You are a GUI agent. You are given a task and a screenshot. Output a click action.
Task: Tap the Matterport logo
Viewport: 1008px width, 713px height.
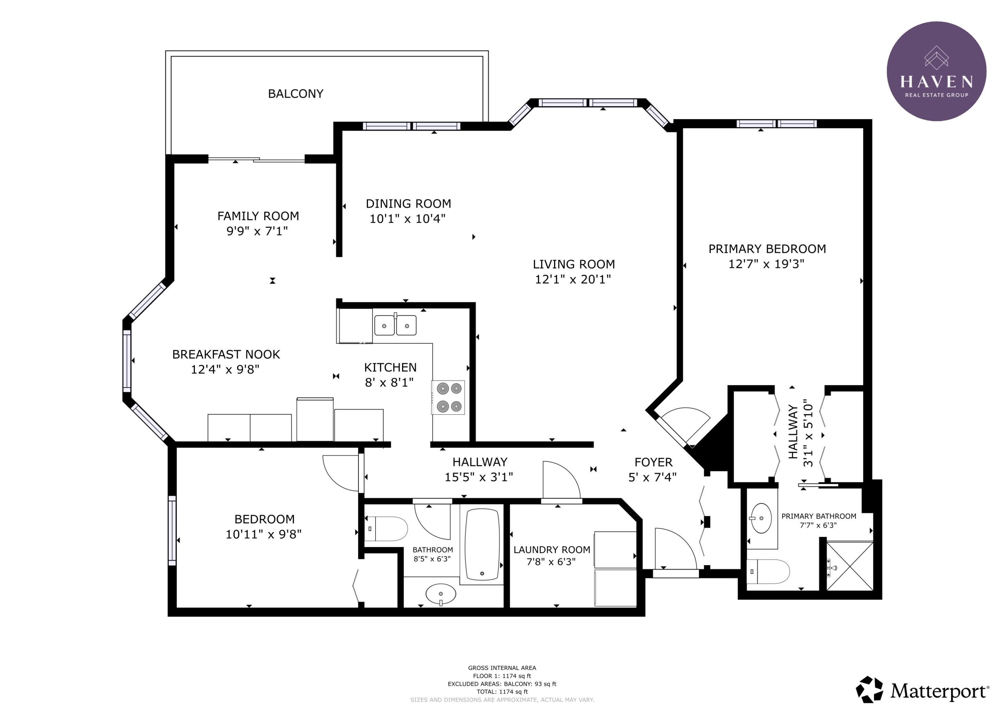click(x=922, y=691)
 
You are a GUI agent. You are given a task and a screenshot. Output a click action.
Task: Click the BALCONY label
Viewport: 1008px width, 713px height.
click(x=296, y=94)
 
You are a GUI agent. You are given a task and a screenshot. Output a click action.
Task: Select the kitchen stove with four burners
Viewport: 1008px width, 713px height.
click(x=448, y=397)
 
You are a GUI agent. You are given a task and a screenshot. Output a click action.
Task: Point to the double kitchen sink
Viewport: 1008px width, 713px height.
click(x=395, y=325)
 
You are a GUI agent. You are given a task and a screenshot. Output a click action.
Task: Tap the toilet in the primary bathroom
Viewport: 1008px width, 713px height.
click(x=768, y=572)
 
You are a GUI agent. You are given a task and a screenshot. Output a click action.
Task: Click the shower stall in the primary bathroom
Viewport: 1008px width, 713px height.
click(x=850, y=566)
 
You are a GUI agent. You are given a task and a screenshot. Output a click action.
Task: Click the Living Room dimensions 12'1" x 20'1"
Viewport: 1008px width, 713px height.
click(x=573, y=279)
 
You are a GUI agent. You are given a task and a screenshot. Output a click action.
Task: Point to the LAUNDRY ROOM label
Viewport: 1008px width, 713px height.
click(x=552, y=550)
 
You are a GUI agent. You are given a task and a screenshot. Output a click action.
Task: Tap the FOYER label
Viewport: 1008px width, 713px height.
click(x=653, y=462)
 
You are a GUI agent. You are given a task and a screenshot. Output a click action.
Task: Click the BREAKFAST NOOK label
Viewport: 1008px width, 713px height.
click(x=226, y=354)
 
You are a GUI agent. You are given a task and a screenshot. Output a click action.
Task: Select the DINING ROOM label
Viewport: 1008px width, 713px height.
click(x=408, y=204)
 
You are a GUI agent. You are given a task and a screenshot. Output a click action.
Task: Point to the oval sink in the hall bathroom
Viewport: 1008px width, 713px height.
click(x=441, y=594)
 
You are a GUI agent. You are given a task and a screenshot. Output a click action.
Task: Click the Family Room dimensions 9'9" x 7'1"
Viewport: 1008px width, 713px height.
click(x=257, y=231)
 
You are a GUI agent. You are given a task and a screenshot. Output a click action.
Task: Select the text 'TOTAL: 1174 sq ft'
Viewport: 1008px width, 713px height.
click(x=502, y=691)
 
